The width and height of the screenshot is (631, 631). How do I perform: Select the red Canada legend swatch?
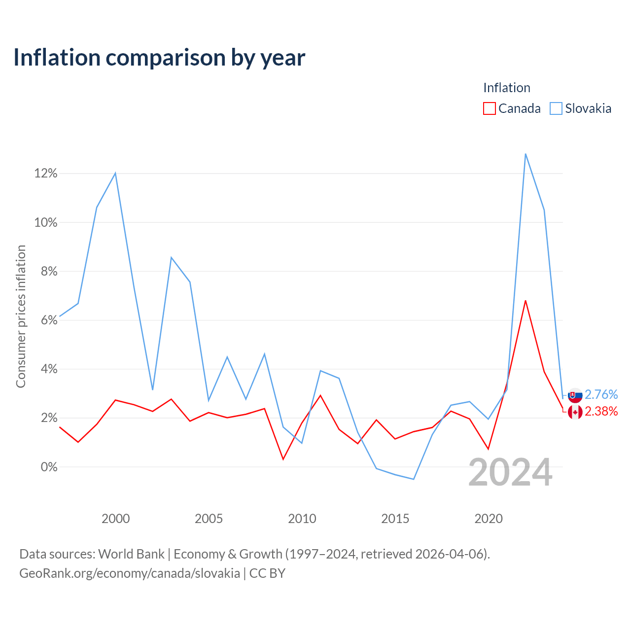(489, 108)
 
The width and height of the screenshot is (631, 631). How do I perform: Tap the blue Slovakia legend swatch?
(556, 108)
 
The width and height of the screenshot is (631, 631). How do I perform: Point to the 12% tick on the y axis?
(46, 173)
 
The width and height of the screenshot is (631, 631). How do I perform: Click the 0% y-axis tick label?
(49, 467)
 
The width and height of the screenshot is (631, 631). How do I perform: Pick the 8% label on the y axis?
(49, 271)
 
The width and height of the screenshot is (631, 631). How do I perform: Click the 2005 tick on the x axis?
(209, 519)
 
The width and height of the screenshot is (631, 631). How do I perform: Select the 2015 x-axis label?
(395, 519)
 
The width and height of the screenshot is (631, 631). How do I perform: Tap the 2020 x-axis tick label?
(489, 519)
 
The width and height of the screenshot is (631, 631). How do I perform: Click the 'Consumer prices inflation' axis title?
(21, 316)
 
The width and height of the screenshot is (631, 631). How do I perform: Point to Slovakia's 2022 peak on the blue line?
(526, 154)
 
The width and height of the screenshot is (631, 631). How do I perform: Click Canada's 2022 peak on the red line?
(526, 301)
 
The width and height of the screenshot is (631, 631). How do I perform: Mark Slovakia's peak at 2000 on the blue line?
(115, 173)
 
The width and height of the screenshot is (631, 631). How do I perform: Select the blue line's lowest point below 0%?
(414, 479)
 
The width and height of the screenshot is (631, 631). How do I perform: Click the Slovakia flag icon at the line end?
(575, 395)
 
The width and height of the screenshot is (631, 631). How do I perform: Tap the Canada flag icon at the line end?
(575, 412)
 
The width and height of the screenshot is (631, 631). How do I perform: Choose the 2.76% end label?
(601, 394)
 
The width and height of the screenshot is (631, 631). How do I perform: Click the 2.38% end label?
(601, 411)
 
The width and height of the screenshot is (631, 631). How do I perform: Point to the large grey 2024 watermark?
(511, 473)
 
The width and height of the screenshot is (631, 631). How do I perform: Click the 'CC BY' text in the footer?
(267, 573)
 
